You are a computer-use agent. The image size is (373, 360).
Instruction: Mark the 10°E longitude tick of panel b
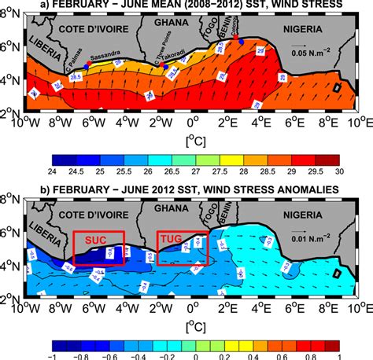pyautogui.click(x=359, y=307)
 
